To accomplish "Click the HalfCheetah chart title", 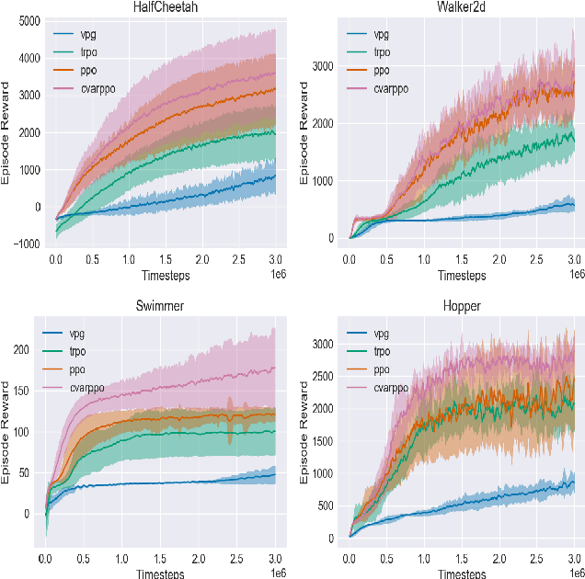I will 164,7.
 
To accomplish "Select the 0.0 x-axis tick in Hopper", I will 350,558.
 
